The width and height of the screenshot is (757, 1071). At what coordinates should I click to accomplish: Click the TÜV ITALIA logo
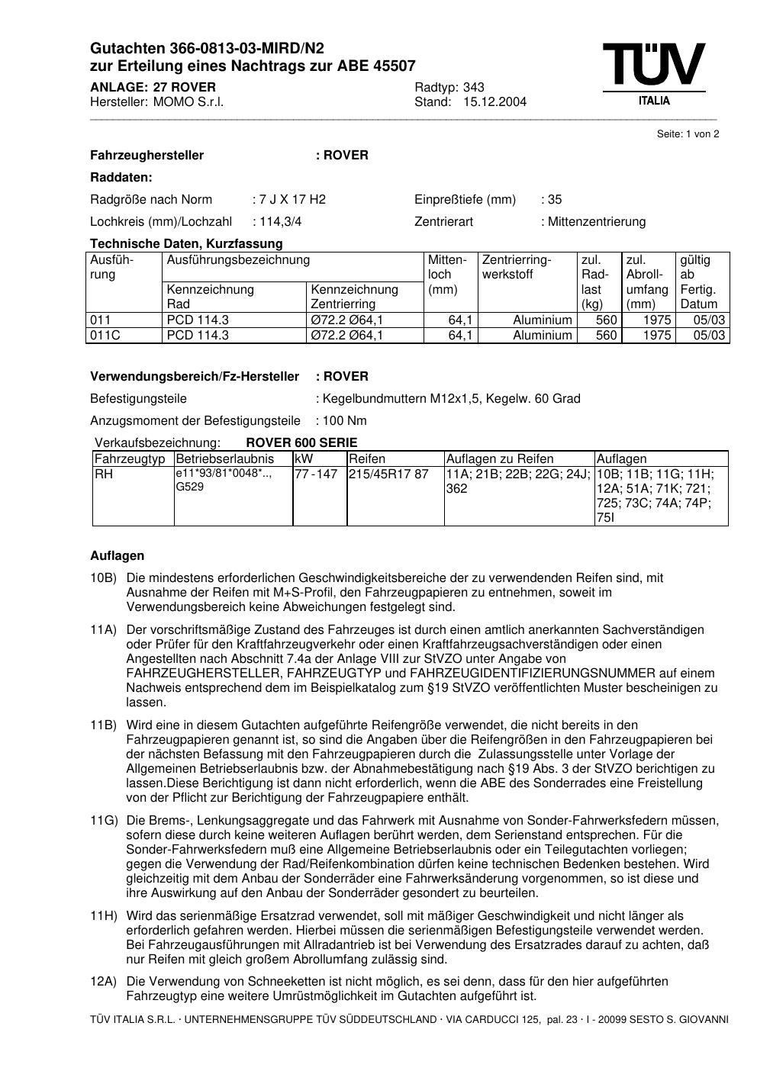click(x=654, y=73)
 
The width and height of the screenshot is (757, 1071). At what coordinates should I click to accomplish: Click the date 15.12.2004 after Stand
click(x=494, y=102)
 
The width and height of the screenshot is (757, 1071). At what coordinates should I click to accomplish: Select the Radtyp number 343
click(x=474, y=87)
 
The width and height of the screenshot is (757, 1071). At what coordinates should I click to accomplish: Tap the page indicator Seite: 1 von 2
click(x=688, y=134)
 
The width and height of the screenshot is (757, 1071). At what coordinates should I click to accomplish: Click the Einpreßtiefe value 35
click(x=554, y=200)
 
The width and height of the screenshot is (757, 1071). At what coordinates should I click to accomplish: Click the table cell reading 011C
click(x=106, y=336)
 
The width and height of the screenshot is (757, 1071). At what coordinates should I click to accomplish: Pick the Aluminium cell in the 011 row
click(x=542, y=320)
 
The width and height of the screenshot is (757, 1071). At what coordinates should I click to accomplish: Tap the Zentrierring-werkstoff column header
click(x=517, y=267)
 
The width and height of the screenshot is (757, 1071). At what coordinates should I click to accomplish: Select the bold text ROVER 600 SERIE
click(x=301, y=443)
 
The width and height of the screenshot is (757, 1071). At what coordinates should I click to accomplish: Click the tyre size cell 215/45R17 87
click(x=389, y=474)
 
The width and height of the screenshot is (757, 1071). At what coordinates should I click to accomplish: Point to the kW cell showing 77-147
click(x=316, y=474)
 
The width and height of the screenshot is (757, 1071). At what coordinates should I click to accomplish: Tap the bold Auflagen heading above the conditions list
click(x=117, y=556)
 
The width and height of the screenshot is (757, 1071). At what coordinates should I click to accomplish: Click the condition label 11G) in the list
click(x=104, y=821)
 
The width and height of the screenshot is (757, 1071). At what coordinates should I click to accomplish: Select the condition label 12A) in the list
click(x=104, y=982)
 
